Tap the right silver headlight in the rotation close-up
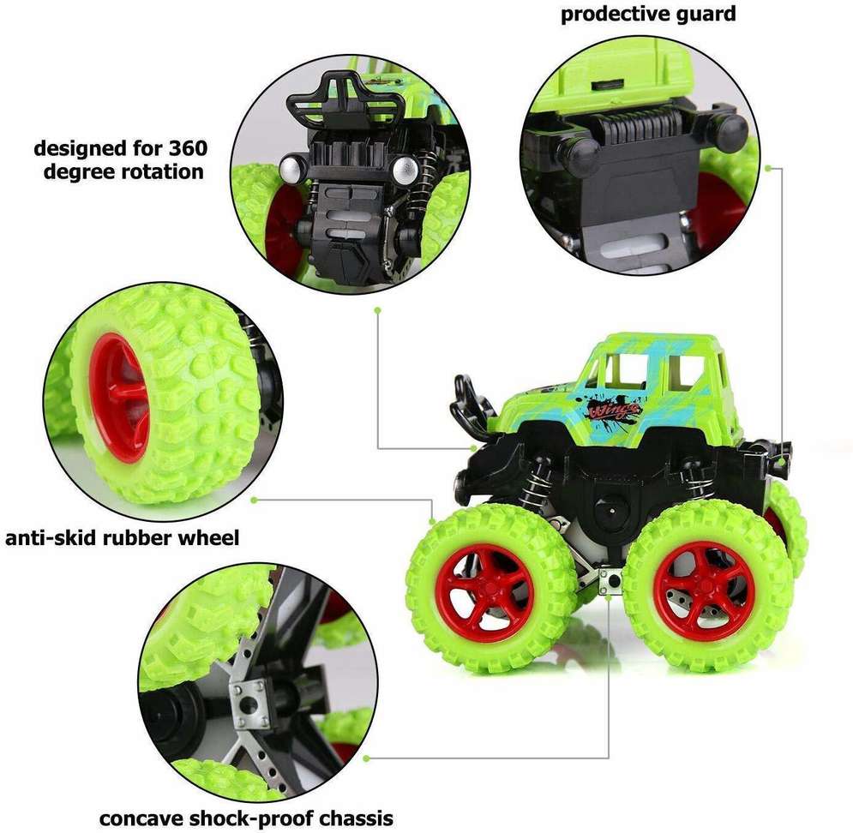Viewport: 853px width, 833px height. click(x=405, y=170)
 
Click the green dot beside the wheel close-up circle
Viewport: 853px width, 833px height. click(x=254, y=500)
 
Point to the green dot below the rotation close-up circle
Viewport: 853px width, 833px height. click(x=377, y=310)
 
